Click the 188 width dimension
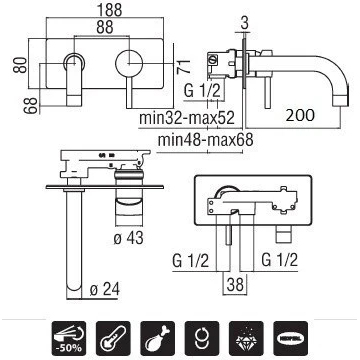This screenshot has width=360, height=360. pos(109,10)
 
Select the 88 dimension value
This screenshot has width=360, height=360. pos(105,27)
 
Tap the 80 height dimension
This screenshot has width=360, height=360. pos(20,65)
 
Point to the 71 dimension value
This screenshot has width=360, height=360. pos(184,66)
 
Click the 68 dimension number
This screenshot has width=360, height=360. pos(31,106)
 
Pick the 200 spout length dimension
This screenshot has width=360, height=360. pos(300,115)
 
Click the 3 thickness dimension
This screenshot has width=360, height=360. pos(245,24)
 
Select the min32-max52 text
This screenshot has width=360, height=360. pos(187,118)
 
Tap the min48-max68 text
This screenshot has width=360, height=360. pos(205,140)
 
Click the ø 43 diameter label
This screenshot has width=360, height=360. pos(128,238)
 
